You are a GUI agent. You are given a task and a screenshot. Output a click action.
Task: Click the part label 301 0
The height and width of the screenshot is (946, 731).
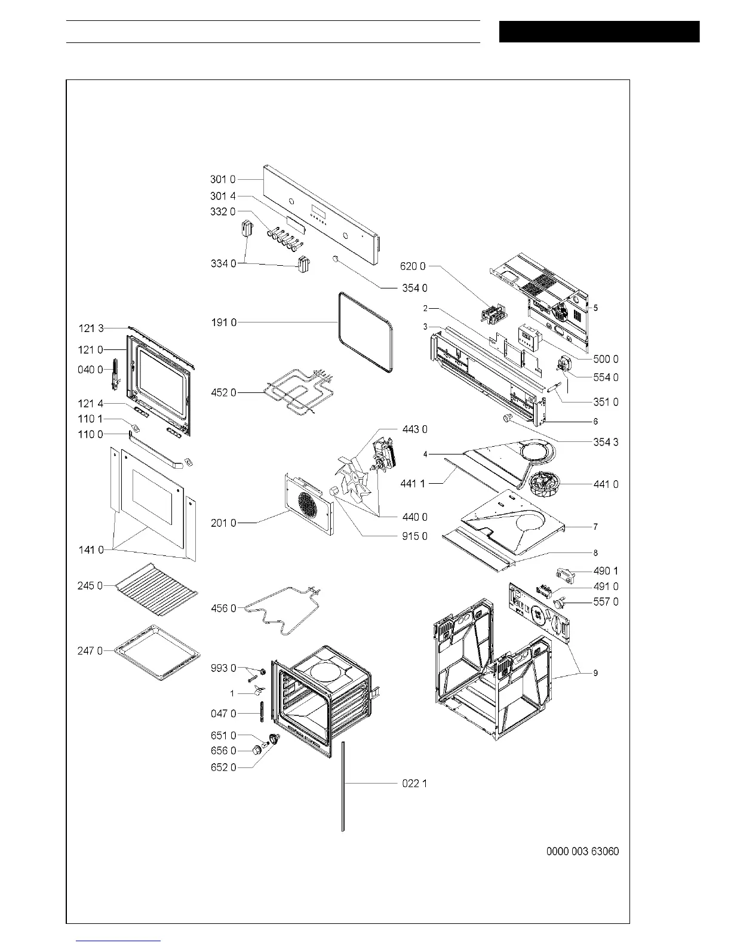(x=223, y=179)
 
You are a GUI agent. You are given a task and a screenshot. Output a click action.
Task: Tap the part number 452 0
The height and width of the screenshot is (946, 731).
(x=223, y=392)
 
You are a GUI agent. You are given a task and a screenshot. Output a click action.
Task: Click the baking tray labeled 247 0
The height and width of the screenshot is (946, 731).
(x=157, y=652)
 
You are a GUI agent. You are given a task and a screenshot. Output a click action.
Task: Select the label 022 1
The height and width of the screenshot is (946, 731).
(x=414, y=783)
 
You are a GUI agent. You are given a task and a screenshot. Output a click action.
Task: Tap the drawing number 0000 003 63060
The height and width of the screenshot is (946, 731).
(x=582, y=851)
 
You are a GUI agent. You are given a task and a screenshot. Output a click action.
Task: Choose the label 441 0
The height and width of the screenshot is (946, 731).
(x=606, y=484)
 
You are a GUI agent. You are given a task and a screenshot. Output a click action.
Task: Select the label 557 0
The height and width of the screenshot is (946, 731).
(x=606, y=602)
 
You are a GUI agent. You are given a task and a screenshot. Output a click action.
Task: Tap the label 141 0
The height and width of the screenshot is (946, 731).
(x=91, y=549)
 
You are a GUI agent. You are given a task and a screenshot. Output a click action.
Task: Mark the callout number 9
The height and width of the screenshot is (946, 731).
(x=595, y=673)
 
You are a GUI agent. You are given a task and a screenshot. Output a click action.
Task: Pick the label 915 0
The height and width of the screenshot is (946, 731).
(x=414, y=536)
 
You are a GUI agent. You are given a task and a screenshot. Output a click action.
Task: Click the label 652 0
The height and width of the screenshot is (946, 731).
(x=223, y=767)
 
